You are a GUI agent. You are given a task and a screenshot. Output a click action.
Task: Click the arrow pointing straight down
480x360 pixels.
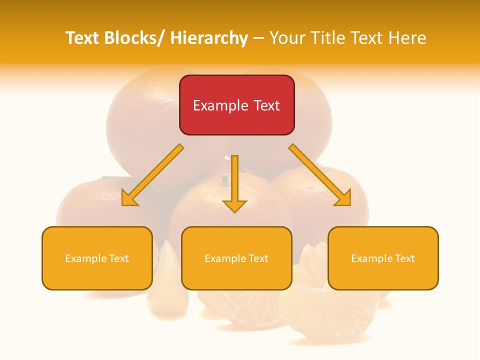coord(234,185)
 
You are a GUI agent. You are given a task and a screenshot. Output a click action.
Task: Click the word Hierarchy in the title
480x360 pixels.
coord(209,38)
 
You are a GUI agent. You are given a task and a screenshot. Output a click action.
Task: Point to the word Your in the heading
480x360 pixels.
coord(286,38)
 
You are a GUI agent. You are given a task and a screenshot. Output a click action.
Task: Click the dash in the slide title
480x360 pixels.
coord(258,38)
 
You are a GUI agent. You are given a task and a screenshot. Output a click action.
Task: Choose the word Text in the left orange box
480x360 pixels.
coord(119,258)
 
